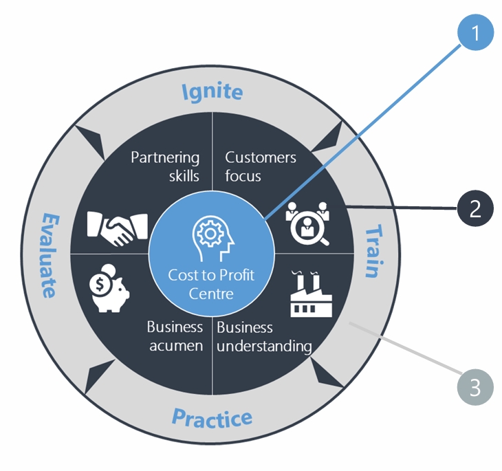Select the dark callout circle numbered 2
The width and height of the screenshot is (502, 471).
[x=475, y=207]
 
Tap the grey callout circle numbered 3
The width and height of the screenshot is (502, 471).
[x=475, y=386]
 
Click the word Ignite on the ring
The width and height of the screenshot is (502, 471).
[x=212, y=91]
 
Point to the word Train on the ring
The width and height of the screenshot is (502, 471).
[x=371, y=250]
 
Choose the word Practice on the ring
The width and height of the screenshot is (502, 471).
[x=212, y=417]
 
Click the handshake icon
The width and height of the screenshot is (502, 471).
[x=118, y=226]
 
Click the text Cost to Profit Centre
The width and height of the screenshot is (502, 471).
[x=212, y=284]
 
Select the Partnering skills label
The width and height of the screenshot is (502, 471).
[x=166, y=166]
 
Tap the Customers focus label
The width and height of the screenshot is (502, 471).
[x=260, y=166]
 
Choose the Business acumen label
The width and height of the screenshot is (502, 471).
[x=175, y=336]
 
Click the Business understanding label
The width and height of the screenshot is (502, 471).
[x=264, y=336]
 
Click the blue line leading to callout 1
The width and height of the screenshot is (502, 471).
[x=358, y=131]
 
